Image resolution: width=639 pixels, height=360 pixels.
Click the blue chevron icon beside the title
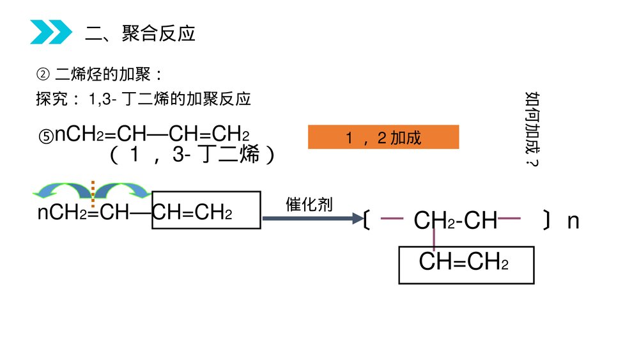50,32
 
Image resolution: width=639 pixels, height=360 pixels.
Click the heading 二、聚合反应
140,34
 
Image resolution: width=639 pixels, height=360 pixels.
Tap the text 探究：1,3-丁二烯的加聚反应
144,99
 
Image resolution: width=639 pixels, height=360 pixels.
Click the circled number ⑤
46,136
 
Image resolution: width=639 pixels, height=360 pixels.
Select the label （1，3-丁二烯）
192,155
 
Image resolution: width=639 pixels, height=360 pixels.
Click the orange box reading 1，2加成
383,137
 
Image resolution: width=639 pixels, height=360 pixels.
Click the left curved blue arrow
63,190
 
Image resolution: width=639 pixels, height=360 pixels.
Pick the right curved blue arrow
122,190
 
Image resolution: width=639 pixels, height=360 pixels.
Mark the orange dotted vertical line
93,194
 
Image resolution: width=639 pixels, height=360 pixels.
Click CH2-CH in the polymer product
455,221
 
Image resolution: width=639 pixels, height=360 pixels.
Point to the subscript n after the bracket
573,221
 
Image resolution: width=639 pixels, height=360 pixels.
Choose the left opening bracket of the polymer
366,221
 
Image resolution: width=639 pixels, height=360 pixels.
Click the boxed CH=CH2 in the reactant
206,210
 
